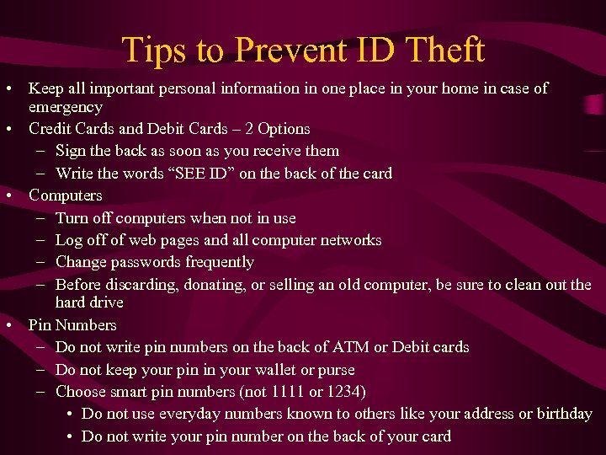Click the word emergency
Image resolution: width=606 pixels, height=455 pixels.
pyautogui.click(x=66, y=108)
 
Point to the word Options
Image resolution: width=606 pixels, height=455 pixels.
pyautogui.click(x=284, y=129)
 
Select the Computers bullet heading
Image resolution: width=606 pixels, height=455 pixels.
pyautogui.click(x=66, y=195)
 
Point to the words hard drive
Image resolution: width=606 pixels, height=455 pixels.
pyautogui.click(x=89, y=302)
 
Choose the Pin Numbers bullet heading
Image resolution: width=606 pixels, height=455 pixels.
pyautogui.click(x=72, y=325)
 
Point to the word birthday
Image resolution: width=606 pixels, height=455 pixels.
pyautogui.click(x=564, y=415)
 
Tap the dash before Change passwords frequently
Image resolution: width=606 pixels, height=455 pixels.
pyautogui.click(x=41, y=262)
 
